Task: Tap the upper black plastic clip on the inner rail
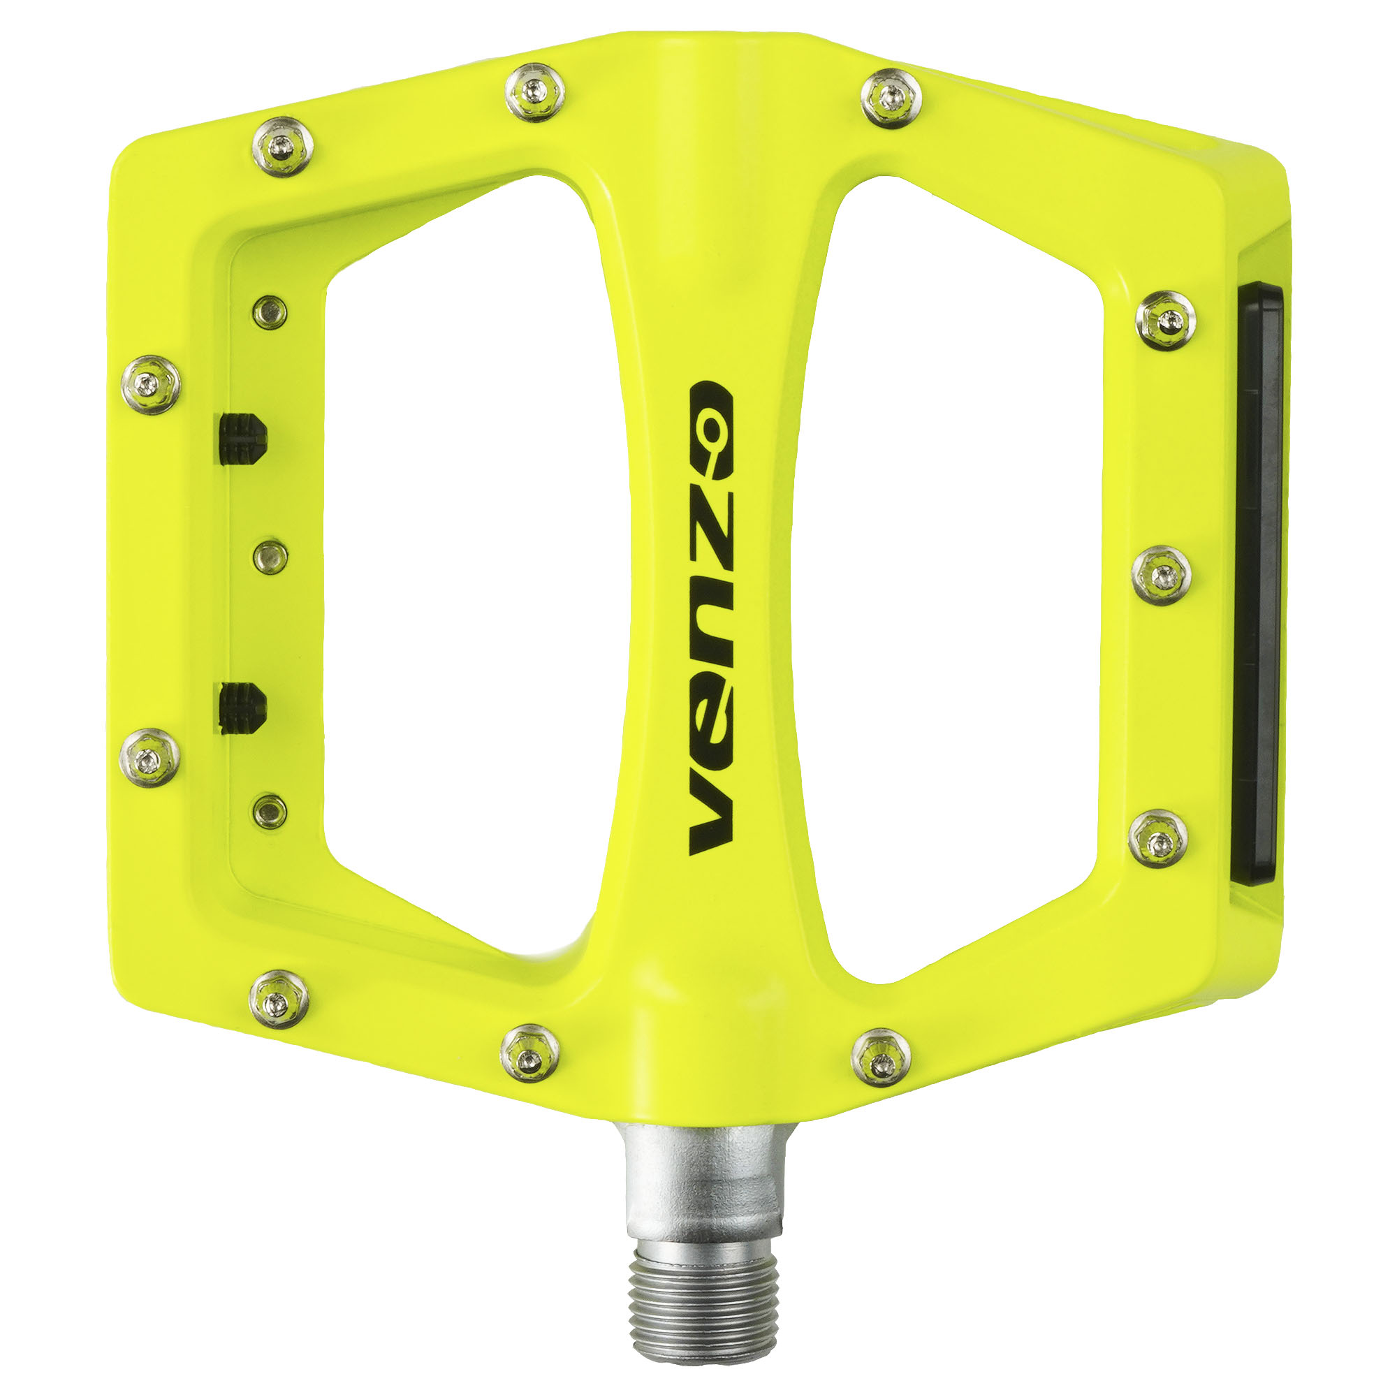[242, 438]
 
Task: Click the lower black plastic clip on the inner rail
[242, 706]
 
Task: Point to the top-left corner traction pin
[283, 147]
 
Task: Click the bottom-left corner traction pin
[279, 999]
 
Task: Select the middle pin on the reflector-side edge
[1160, 576]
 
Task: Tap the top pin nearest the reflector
[1166, 321]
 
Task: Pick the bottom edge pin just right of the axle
[881, 1057]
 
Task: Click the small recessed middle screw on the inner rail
[270, 555]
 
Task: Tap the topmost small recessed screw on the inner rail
[270, 312]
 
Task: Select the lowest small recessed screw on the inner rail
[270, 810]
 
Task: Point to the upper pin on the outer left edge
[150, 384]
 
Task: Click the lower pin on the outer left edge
[149, 758]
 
